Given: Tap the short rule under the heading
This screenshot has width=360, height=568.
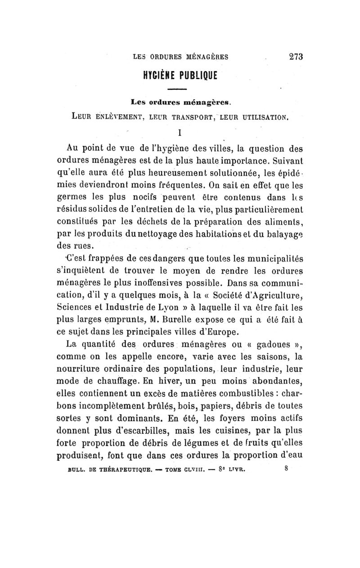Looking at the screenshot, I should tap(180, 88).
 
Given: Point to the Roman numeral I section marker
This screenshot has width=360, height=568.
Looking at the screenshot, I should tap(180, 133).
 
